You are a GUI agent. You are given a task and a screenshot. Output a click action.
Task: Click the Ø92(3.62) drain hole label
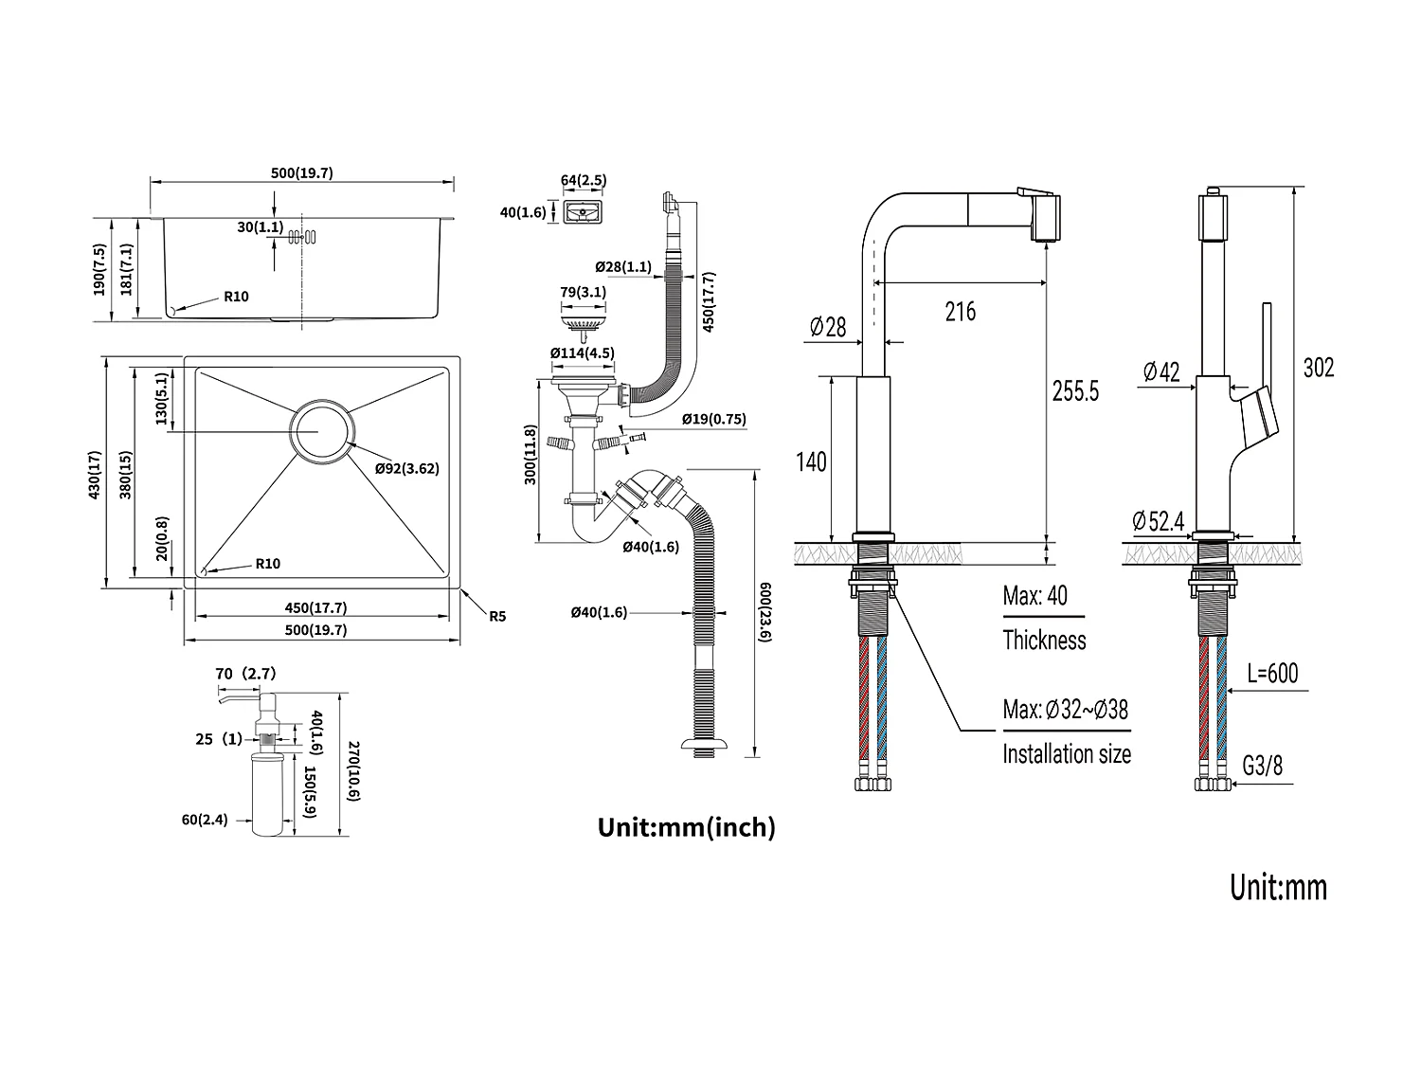click(406, 468)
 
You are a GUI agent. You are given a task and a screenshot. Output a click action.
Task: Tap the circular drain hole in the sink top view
click(321, 431)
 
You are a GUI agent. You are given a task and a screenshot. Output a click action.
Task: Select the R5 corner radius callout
click(497, 616)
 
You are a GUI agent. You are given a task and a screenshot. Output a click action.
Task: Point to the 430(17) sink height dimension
click(94, 474)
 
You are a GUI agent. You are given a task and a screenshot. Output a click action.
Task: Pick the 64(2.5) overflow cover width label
click(584, 180)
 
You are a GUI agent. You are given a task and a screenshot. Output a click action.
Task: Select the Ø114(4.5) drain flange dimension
click(583, 353)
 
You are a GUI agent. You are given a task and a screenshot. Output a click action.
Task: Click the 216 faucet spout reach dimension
click(960, 311)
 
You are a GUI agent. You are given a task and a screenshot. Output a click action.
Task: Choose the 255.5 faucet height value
click(1075, 390)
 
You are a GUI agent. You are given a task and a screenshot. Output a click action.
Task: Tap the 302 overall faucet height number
click(1318, 368)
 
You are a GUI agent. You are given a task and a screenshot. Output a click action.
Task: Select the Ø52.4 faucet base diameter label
click(1158, 521)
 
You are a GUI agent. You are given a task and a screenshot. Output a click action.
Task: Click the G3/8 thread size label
click(1262, 766)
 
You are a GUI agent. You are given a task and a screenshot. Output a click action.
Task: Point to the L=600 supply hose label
click(1271, 674)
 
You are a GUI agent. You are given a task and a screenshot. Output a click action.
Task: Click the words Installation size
click(1066, 754)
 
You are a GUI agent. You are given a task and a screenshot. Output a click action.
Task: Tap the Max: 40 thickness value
click(1034, 596)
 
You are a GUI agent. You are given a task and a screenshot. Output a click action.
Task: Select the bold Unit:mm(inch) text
click(686, 827)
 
